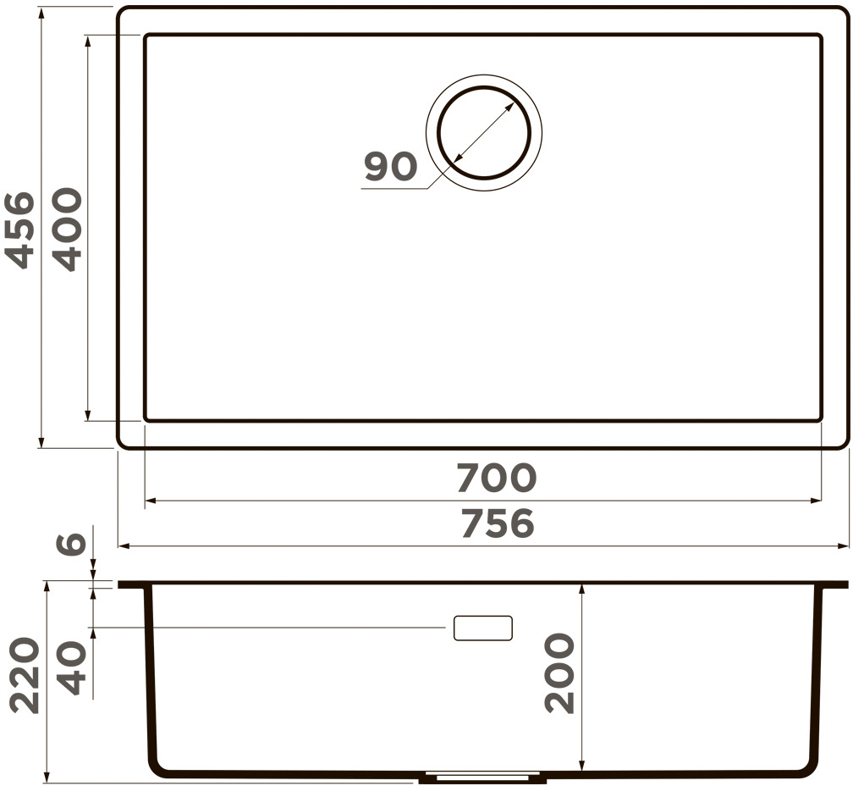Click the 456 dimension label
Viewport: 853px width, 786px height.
pos(19,230)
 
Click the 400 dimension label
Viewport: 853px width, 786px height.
pos(67,230)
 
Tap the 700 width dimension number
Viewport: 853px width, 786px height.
pos(496,478)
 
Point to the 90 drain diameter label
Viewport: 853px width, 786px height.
pos(391,166)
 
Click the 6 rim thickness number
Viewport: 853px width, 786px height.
pos(72,543)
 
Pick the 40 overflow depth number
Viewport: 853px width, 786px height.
pos(72,667)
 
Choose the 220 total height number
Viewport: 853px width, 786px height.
pos(25,676)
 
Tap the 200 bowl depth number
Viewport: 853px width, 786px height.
pos(559,673)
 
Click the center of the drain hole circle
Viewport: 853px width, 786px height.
pos(484,132)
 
